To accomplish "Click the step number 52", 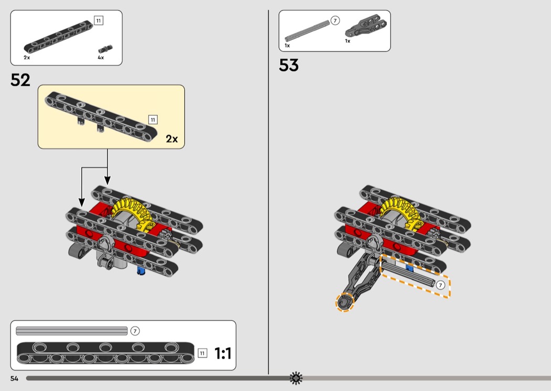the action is (20, 80).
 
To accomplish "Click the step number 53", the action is (289, 65).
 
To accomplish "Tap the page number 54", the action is (14, 378).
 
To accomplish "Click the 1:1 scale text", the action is (223, 353).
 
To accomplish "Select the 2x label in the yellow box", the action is (172, 139).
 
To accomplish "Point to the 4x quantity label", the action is (101, 58).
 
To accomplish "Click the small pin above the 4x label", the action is (105, 49).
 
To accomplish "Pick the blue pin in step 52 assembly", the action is (141, 270).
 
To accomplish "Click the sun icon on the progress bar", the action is (296, 378).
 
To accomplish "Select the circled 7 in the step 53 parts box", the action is (335, 21).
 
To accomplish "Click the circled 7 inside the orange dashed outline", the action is (440, 285).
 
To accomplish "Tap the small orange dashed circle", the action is (345, 302).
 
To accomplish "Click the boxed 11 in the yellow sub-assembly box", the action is (153, 120).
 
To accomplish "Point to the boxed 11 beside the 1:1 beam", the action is (203, 353).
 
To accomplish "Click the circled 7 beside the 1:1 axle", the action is (135, 331).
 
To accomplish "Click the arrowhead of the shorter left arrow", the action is (81, 202).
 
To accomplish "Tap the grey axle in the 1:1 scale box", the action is (72, 331).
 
